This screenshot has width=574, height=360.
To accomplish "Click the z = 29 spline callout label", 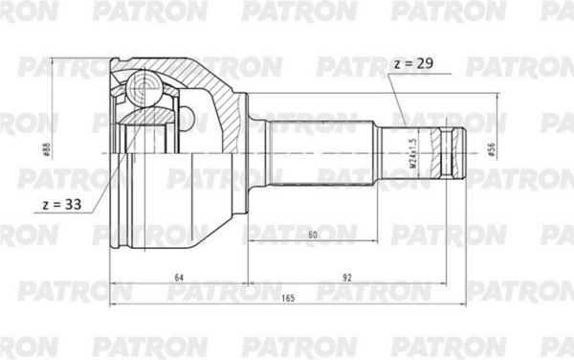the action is [414, 63].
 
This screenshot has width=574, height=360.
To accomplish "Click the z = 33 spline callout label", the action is [62, 204].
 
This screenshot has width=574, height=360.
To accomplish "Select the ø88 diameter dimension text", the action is [47, 149].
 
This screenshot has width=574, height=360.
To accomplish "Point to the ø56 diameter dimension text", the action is [492, 150].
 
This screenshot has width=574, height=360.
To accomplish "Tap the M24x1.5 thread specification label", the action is [413, 153].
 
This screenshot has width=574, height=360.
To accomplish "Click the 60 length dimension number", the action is [313, 235].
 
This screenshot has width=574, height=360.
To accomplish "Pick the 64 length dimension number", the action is [179, 278].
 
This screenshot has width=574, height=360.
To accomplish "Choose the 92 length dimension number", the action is [346, 278].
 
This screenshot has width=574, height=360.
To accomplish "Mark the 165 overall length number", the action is [288, 298].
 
